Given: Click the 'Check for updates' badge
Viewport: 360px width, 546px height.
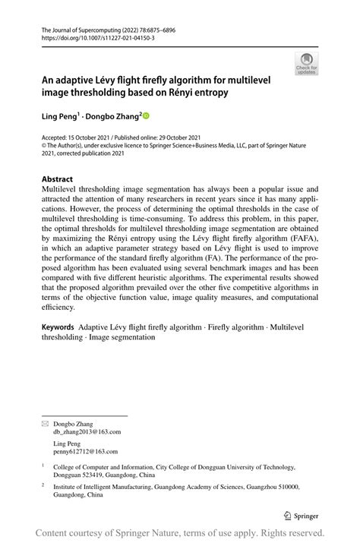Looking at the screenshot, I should click(307, 65).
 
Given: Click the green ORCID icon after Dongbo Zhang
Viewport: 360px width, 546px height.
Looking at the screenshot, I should click(147, 116).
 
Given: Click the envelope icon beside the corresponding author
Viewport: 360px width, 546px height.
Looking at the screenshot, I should click(45, 422).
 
